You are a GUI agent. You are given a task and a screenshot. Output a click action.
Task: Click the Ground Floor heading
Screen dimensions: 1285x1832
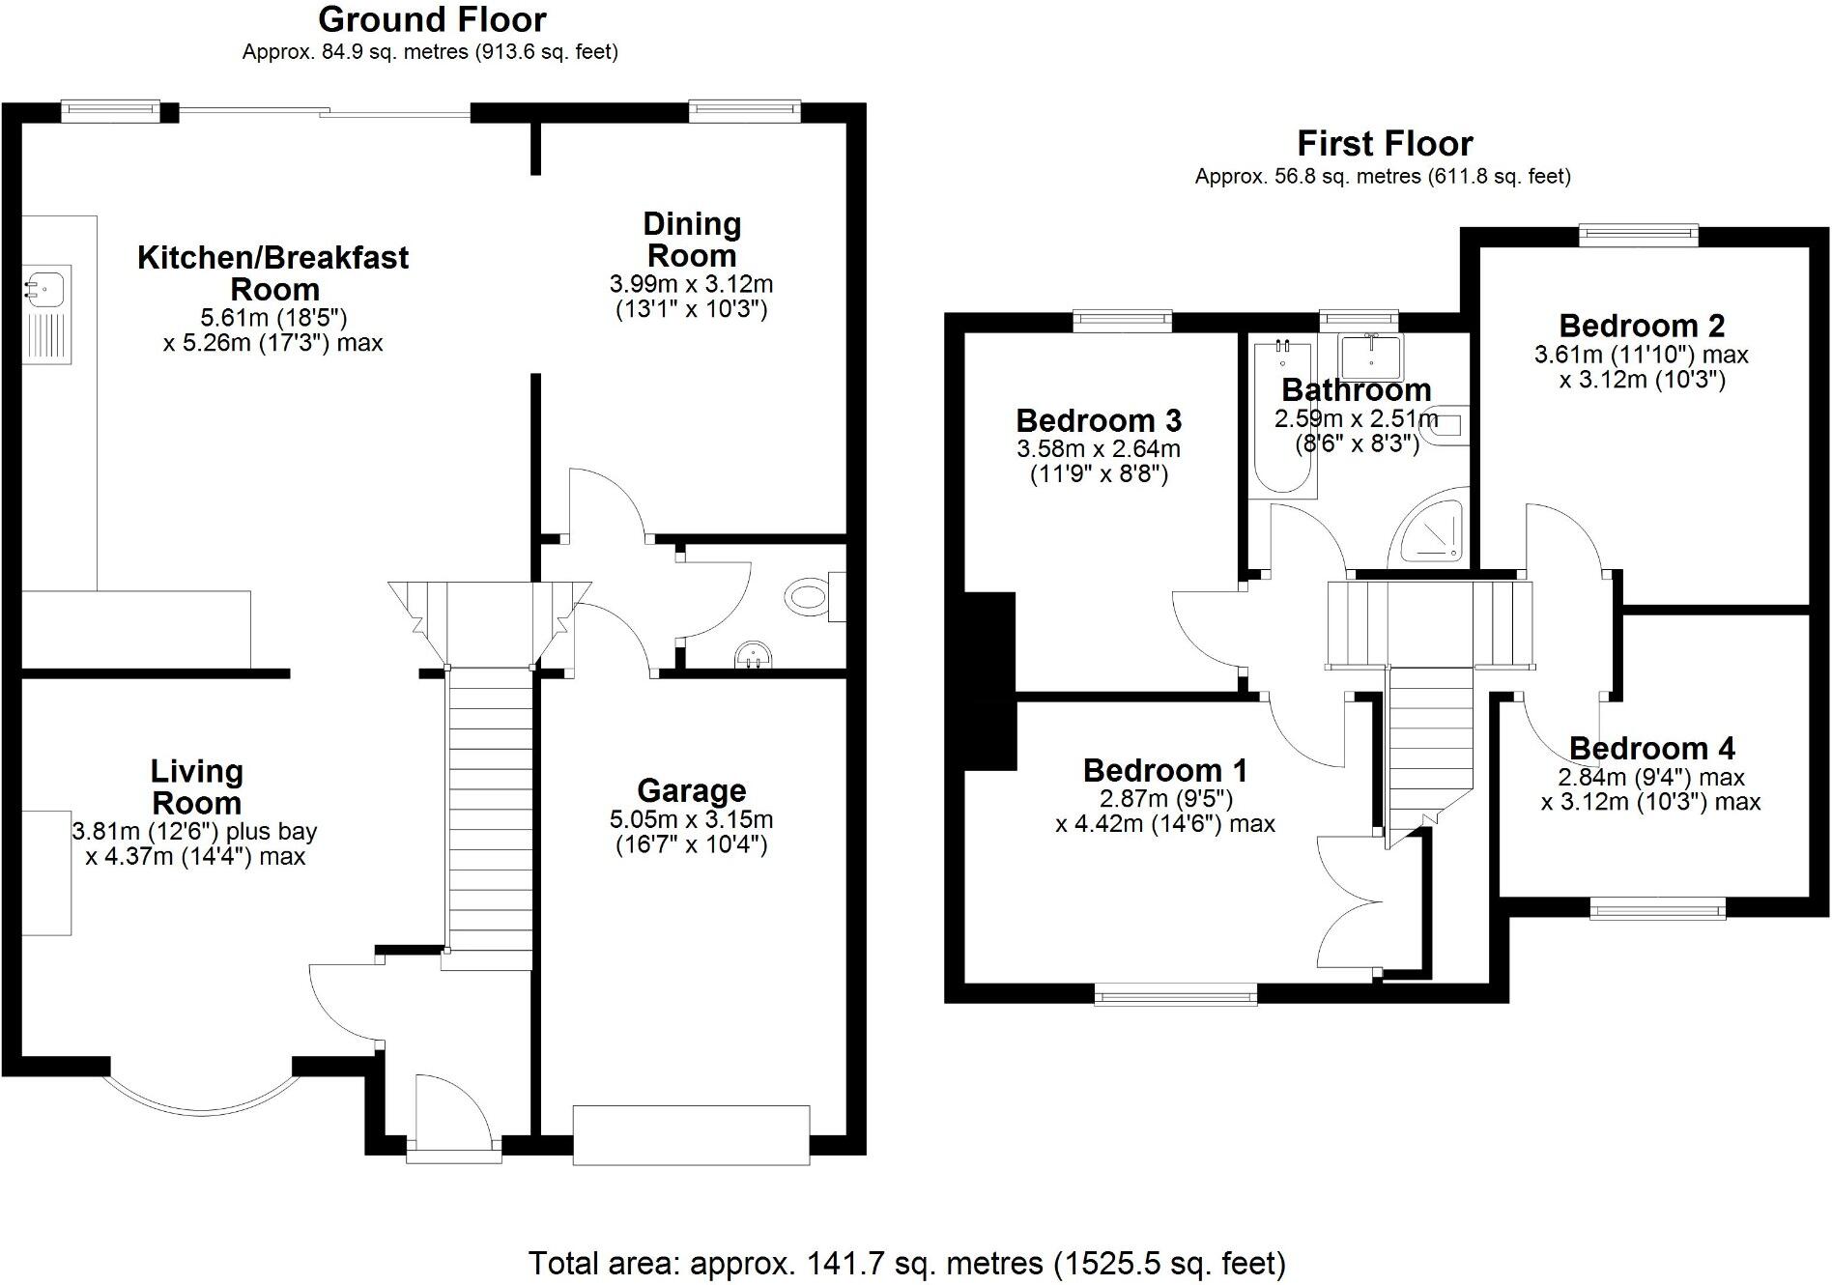[x=432, y=19]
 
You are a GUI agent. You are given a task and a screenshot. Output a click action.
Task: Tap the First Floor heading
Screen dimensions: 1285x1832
[x=1384, y=144]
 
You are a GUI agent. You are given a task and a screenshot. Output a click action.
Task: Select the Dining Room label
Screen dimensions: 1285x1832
[x=692, y=240]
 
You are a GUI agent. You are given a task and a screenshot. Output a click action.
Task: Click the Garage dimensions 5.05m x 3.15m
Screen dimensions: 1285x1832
[x=691, y=819]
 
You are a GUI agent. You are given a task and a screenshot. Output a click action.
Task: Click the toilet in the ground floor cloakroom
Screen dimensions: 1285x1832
[x=810, y=595]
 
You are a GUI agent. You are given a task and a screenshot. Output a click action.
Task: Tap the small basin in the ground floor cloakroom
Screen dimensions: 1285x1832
[x=755, y=656]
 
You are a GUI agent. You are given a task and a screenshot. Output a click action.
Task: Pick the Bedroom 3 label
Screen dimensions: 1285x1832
[x=1099, y=420]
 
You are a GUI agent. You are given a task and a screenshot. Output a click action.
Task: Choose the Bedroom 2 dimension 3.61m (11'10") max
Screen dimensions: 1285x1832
[x=1641, y=355]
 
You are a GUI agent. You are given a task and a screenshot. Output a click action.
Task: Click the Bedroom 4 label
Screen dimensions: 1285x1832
[x=1651, y=748]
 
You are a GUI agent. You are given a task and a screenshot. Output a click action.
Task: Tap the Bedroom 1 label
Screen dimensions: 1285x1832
[x=1164, y=770]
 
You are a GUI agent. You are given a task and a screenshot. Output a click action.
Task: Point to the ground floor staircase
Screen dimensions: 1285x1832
[x=490, y=812]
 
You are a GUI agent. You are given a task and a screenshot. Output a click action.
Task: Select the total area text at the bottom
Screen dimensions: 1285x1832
[x=906, y=1263]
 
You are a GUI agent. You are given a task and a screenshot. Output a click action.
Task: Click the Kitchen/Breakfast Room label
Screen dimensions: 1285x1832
[x=273, y=272]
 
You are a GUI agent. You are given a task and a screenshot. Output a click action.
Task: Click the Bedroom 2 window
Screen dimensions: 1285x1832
[x=1639, y=235]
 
